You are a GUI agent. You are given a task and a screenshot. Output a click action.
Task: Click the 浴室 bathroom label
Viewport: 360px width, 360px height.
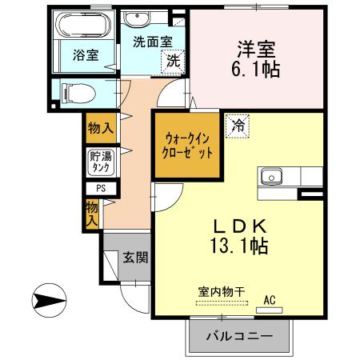click(86, 55)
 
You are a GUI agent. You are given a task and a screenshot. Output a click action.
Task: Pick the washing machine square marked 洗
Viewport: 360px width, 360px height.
click(173, 60)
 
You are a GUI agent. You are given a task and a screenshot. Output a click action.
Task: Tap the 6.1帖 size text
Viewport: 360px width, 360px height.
click(257, 70)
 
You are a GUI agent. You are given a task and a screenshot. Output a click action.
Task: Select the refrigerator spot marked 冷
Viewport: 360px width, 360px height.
click(238, 125)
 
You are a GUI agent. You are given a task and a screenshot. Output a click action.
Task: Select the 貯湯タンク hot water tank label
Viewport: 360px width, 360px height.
click(101, 162)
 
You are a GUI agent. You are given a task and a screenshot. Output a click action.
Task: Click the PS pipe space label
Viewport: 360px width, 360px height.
click(101, 190)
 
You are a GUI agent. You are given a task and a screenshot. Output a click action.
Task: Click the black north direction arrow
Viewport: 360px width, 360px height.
click(50, 302)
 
